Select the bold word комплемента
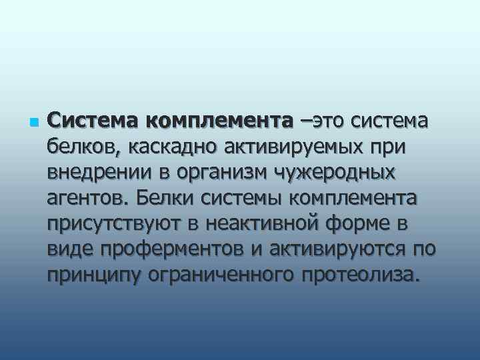pyautogui.click(x=218, y=121)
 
